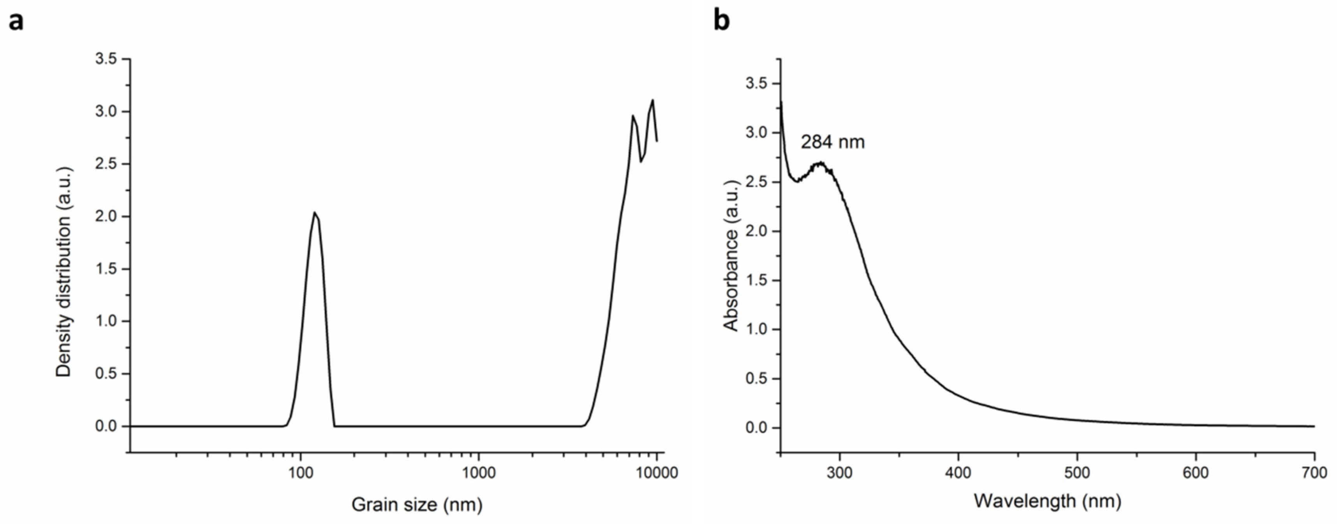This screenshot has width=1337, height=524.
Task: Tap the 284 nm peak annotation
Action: [x=833, y=142]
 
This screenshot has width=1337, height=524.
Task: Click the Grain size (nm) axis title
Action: [x=417, y=504]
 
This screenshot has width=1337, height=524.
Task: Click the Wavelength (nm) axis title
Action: [x=1047, y=501]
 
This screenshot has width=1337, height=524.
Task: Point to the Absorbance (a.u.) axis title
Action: [x=731, y=256]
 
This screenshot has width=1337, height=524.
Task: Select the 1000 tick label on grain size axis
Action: [x=479, y=473]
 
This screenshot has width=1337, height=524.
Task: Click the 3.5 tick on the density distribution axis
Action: [x=106, y=59]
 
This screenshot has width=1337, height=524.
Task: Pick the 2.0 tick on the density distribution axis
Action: [x=106, y=216]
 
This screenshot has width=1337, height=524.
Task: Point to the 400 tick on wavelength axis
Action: [x=958, y=473]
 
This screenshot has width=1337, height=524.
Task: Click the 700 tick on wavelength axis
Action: [x=1314, y=473]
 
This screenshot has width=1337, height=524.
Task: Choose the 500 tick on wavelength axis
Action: [x=1077, y=473]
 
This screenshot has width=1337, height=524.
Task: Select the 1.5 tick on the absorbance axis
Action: [x=757, y=281]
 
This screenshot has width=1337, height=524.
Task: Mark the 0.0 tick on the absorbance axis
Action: [x=757, y=428]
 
